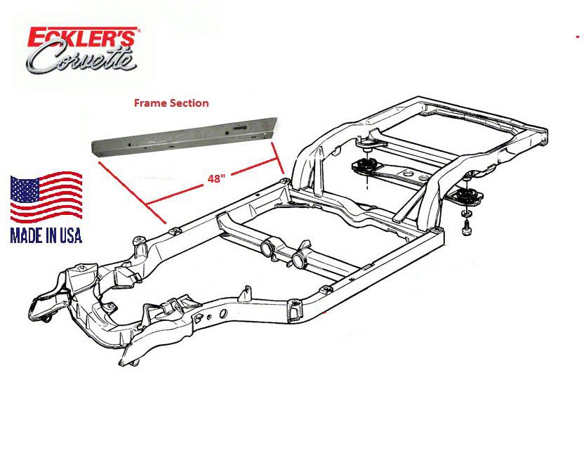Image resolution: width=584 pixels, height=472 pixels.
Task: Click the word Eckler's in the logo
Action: [84, 38]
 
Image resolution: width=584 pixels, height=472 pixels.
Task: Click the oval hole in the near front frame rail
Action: [223, 313]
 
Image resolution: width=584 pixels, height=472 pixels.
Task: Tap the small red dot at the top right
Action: [576, 35]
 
